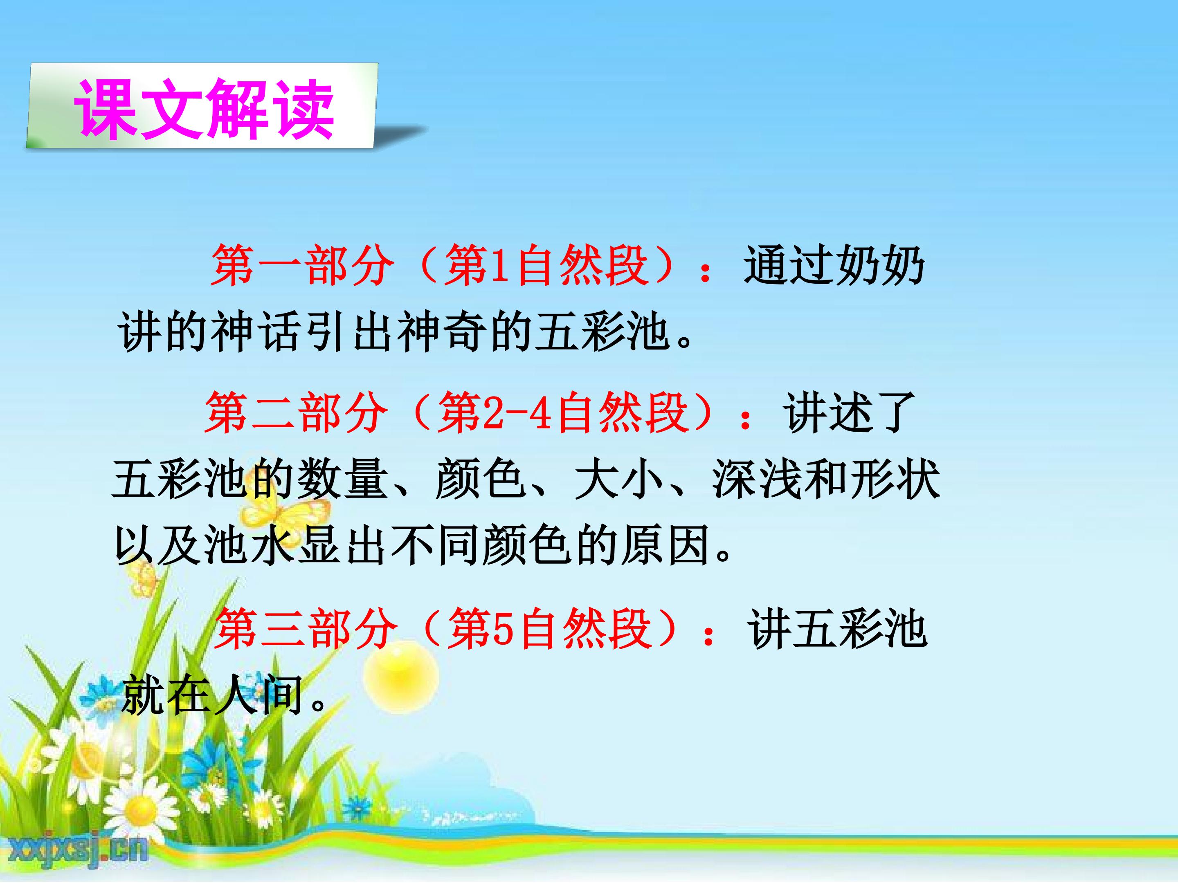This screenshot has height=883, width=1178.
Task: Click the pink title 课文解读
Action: coord(205,110)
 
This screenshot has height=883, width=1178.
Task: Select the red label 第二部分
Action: coord(296,412)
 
